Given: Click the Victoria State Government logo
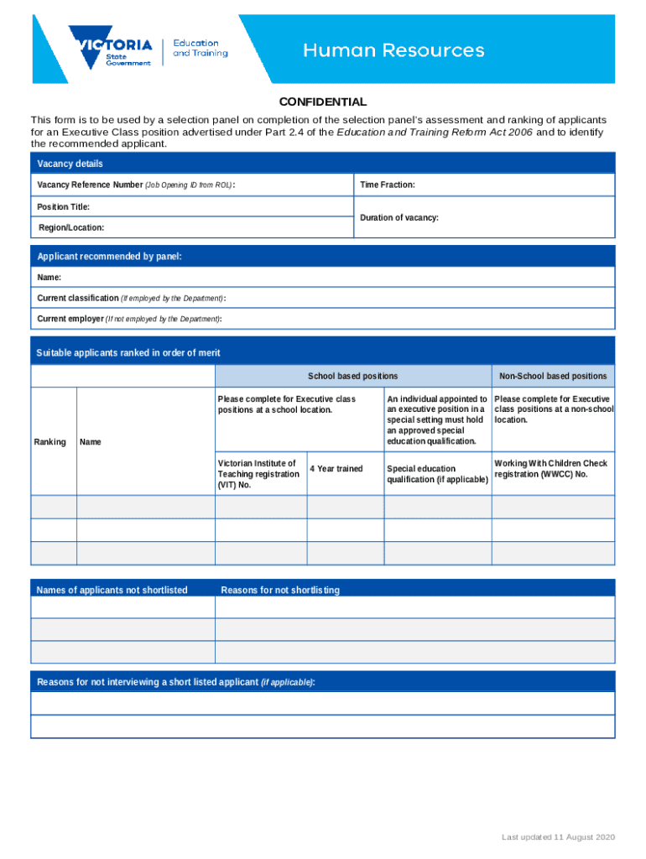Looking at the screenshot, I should [112, 49].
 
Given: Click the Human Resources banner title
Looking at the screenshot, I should [393, 51].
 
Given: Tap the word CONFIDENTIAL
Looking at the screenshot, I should [323, 102].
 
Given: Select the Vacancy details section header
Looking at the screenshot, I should [70, 164].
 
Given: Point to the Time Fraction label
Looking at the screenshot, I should [388, 185].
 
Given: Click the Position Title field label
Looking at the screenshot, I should [63, 206].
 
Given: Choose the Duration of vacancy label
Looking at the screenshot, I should [399, 217].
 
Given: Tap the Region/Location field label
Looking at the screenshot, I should [71, 228].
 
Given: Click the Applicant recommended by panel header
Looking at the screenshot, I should [109, 257].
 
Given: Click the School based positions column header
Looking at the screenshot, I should [352, 377].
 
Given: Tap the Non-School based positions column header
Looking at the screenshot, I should [553, 377].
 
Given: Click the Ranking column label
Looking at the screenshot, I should [49, 441].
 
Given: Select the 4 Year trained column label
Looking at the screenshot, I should [336, 469].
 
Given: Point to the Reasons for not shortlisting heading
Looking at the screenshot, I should [280, 591].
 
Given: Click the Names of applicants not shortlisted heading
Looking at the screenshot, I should [112, 591].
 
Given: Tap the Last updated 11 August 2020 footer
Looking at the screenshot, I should [559, 838].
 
